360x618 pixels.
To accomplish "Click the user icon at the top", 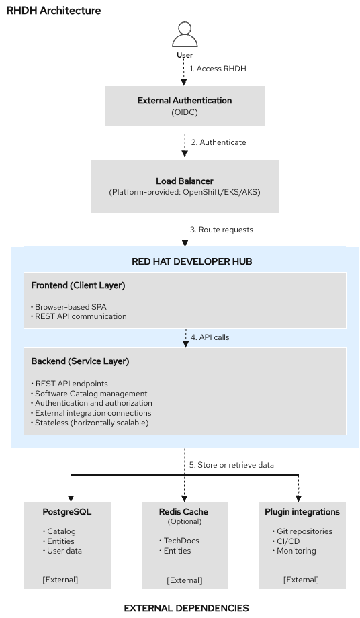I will click(184, 34).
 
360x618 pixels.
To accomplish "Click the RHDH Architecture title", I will click(54, 11).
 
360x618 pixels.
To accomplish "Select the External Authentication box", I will click(185, 105).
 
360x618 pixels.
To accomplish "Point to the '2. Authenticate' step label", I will click(218, 142).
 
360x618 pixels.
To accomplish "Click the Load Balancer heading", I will click(185, 181).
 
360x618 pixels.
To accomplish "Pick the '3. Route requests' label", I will click(222, 230).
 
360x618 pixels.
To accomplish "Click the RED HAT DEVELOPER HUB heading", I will click(185, 261).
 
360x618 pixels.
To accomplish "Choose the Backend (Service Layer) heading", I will click(80, 361).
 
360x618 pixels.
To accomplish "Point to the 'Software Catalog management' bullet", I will click(91, 394).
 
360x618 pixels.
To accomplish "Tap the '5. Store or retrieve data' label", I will click(232, 465).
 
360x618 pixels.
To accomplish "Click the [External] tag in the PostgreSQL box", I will click(60, 579).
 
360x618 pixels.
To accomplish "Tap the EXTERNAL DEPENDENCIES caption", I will click(186, 608).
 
